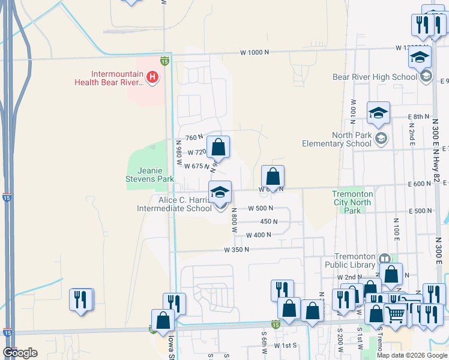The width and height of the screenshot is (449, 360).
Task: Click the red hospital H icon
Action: click(153, 77)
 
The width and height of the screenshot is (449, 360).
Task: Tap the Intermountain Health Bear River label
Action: click(109, 78)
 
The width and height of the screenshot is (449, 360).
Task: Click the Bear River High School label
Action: click(375, 77)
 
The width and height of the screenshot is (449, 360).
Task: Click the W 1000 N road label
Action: click(255, 53)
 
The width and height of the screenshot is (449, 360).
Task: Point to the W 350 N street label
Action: click(237, 249)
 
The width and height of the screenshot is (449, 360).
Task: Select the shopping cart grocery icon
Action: click(395, 314)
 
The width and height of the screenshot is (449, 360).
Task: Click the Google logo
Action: click(20, 353)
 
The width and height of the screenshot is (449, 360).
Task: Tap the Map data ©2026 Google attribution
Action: click(412, 355)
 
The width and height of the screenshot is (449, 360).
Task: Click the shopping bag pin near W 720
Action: click(218, 147)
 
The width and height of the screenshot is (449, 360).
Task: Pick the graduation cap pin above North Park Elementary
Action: click(379, 113)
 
